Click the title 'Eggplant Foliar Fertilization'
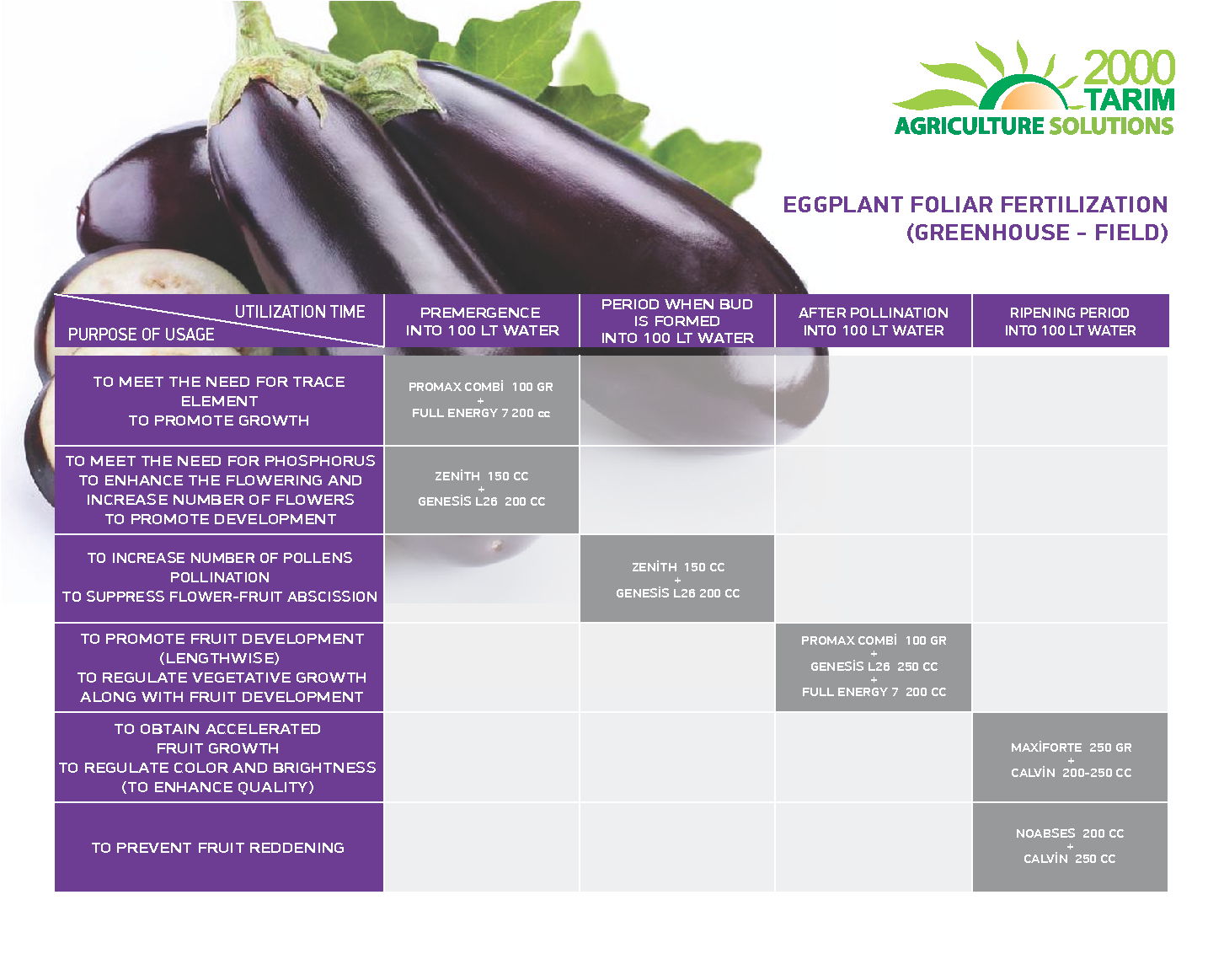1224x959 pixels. point(975,205)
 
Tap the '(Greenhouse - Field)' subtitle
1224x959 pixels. point(1037,232)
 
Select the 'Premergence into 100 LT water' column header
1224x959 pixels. point(482,321)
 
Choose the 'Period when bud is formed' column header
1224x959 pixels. point(677,321)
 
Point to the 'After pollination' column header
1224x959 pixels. point(874,321)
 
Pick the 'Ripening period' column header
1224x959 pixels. point(1070,321)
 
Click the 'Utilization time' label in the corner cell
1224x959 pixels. point(300,312)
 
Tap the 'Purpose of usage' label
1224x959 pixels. point(141,335)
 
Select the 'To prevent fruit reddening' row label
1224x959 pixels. point(218,848)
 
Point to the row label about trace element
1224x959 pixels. point(218,400)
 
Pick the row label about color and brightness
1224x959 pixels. point(218,758)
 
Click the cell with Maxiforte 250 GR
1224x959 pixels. point(1070,758)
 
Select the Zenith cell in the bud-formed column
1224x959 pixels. point(677,579)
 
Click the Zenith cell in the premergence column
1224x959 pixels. point(482,490)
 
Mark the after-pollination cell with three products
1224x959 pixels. point(874,667)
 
